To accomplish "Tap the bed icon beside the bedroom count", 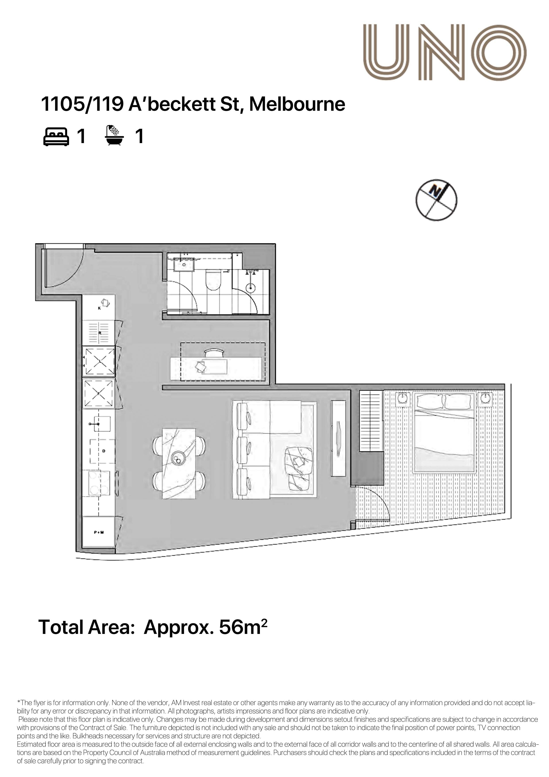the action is point(56,136).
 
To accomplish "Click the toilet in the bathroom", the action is point(213,280).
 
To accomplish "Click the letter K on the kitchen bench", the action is point(99,308).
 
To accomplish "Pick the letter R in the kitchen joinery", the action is point(100,333).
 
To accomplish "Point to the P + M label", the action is point(99,532).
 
